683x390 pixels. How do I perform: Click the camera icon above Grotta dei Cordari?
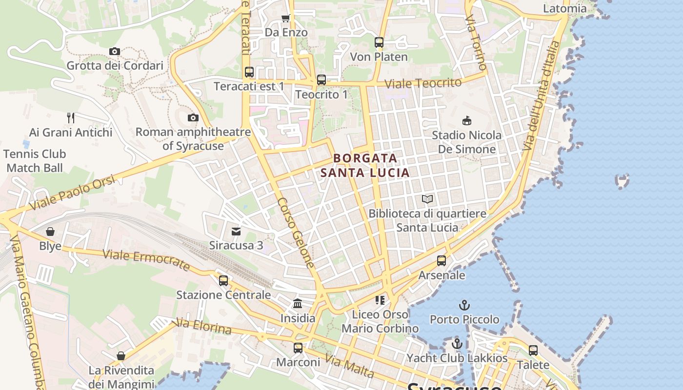(x=115, y=51)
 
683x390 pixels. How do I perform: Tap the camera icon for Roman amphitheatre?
(x=193, y=117)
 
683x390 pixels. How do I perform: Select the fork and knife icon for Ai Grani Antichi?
(x=71, y=117)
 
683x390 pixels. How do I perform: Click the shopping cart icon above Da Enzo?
(x=286, y=18)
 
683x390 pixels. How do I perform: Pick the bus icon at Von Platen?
(x=379, y=42)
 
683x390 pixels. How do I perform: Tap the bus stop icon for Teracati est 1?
(x=249, y=72)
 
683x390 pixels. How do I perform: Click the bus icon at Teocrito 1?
(x=321, y=80)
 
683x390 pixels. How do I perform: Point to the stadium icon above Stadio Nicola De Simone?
(x=466, y=120)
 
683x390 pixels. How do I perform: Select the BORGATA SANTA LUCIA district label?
(x=365, y=165)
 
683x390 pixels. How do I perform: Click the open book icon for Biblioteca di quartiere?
(x=427, y=199)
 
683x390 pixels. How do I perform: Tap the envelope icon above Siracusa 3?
(x=236, y=231)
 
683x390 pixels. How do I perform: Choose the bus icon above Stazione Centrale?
(x=223, y=281)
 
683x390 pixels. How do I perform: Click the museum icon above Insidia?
(x=298, y=304)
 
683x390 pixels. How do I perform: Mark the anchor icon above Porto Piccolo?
(x=464, y=305)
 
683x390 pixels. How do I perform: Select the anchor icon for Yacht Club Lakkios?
(x=457, y=344)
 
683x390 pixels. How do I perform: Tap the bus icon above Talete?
(x=533, y=351)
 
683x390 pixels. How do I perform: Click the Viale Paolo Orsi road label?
(x=72, y=194)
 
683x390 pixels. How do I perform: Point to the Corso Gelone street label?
(x=296, y=233)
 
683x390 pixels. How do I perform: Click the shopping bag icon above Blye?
(x=50, y=232)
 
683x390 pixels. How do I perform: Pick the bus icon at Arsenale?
(x=442, y=261)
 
